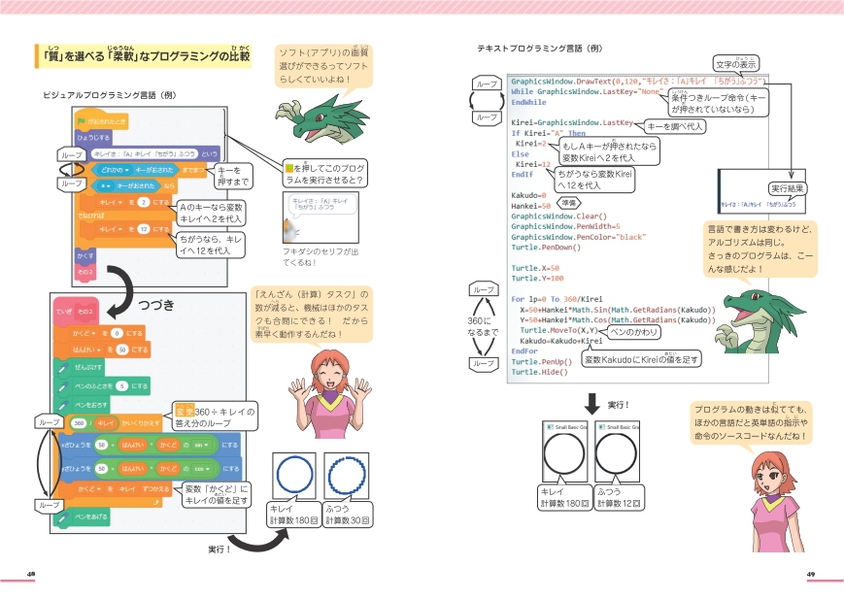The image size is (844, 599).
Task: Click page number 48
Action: tap(32, 574)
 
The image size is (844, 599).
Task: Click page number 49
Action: tap(811, 574)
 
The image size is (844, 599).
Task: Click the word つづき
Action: tap(155, 304)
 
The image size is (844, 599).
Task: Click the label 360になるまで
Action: tap(483, 326)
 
